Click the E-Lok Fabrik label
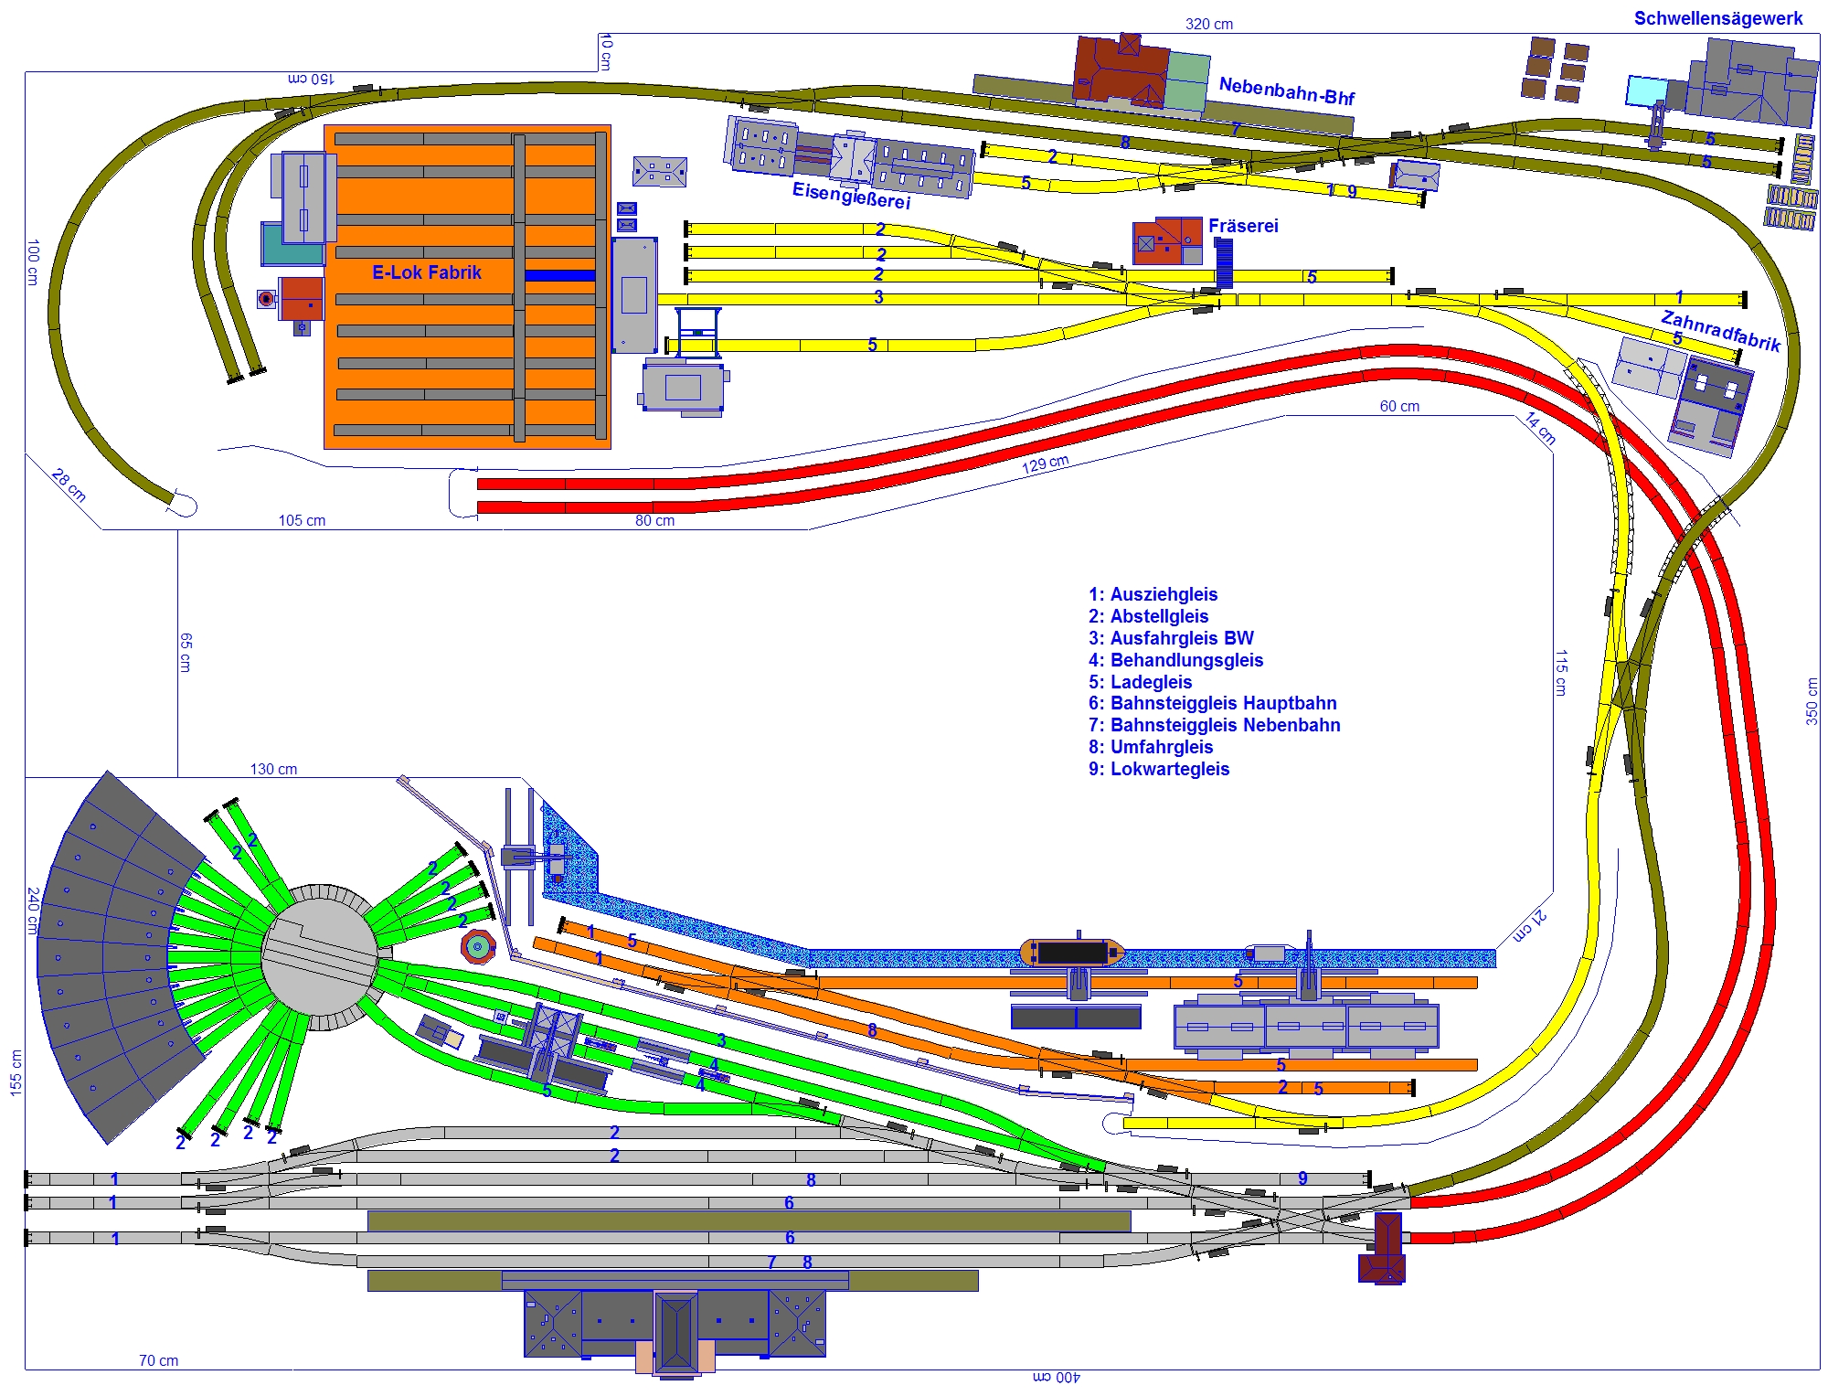click(x=426, y=272)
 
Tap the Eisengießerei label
click(x=851, y=195)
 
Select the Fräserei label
click(x=1243, y=226)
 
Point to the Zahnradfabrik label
click(x=1721, y=331)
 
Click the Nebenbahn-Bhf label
click(x=1287, y=91)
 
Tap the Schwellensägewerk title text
click(x=1718, y=18)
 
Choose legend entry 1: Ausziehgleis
click(x=1153, y=594)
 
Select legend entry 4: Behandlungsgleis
click(x=1175, y=660)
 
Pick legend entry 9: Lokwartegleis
click(x=1159, y=769)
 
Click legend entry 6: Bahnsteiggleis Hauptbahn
click(x=1212, y=703)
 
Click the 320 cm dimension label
click(x=1208, y=24)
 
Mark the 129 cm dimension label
click(x=1045, y=464)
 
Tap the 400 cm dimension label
click(x=1057, y=1377)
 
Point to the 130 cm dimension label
click(x=273, y=769)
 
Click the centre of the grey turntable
click(x=320, y=957)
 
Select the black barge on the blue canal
click(x=1072, y=952)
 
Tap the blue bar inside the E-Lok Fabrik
click(x=559, y=275)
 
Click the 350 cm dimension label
click(x=1811, y=701)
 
